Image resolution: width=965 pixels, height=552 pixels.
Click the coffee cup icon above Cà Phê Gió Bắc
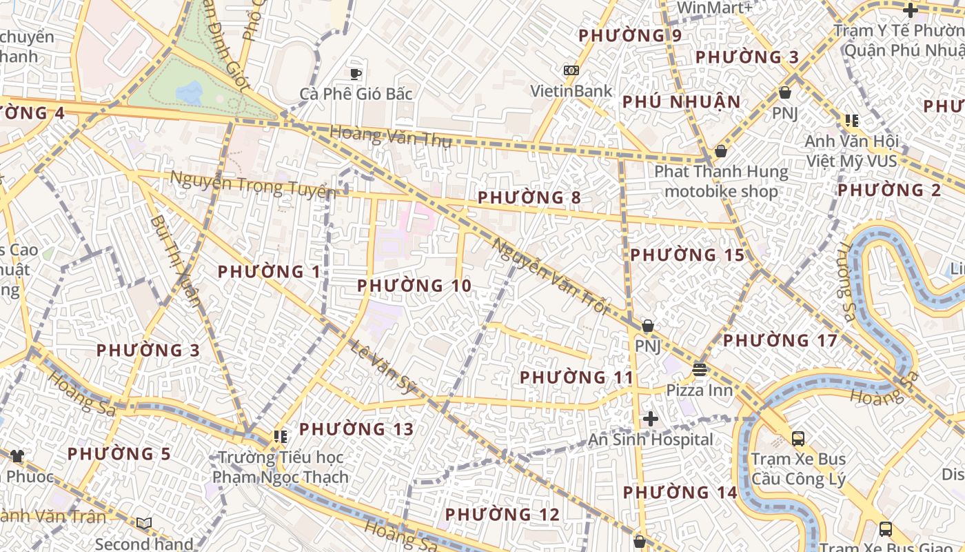(x=356, y=74)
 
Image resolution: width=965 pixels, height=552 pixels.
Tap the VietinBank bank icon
(x=571, y=70)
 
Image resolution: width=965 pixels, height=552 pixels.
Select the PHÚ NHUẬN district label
(x=681, y=102)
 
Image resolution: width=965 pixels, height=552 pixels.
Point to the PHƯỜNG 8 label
(x=529, y=198)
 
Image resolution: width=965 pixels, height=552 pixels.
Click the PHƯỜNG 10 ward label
(x=414, y=286)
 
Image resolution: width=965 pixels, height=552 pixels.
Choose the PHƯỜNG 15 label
(x=687, y=255)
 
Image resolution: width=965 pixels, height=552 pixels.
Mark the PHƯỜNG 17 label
(x=780, y=341)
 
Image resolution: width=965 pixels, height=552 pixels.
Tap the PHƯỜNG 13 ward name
(x=356, y=430)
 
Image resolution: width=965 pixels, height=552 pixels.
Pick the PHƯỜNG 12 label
(x=502, y=515)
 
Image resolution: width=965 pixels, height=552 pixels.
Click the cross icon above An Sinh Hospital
(x=650, y=418)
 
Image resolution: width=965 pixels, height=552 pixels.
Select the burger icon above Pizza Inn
(x=700, y=370)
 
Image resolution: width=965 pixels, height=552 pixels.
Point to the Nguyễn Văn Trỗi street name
(x=551, y=276)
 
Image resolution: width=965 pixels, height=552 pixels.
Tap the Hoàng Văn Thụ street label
(x=390, y=136)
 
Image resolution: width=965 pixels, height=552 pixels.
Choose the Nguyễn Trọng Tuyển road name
(x=252, y=185)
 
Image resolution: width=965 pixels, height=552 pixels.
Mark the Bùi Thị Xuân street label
(x=175, y=260)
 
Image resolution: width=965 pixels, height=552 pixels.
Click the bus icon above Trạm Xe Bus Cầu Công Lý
(x=798, y=438)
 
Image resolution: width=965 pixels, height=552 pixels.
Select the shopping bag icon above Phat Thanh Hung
(x=721, y=151)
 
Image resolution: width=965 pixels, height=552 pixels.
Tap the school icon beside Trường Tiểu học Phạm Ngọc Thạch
(x=280, y=436)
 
